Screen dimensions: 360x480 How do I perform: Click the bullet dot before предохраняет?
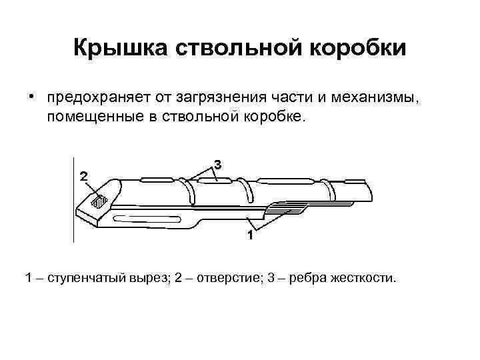click(x=31, y=98)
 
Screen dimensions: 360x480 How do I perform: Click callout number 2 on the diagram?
click(x=83, y=177)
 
